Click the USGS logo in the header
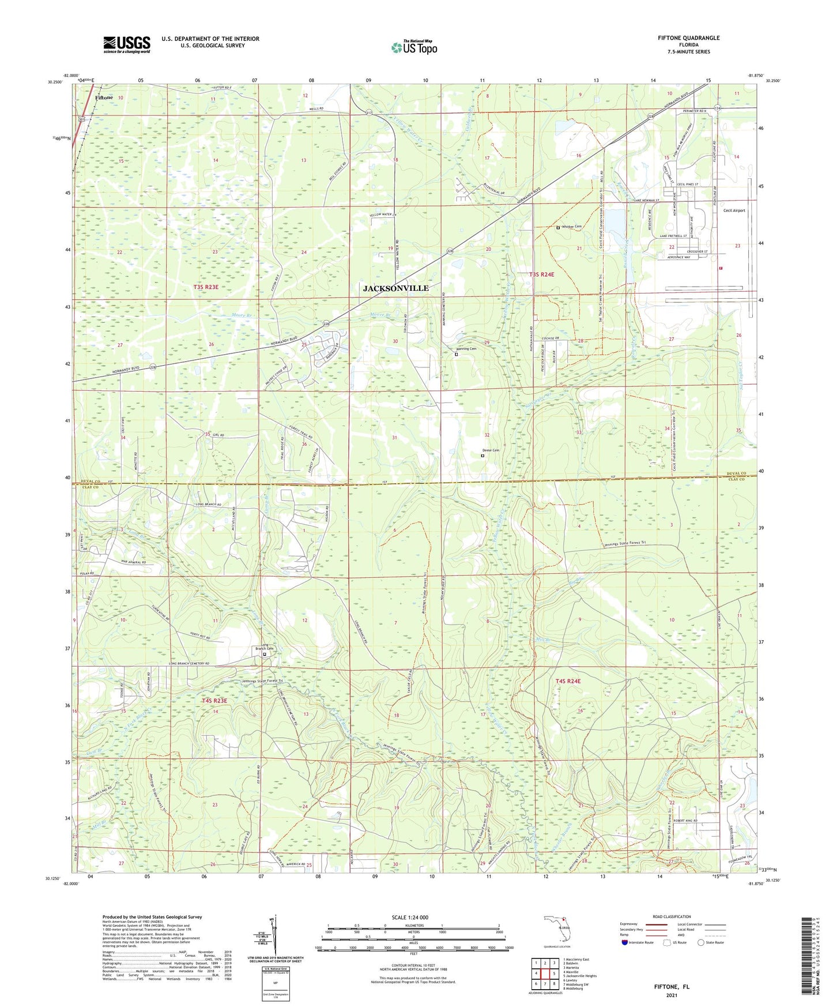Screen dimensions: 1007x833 (127, 44)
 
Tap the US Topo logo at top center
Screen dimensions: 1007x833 (414, 47)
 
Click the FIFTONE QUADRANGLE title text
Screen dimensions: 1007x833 (688, 38)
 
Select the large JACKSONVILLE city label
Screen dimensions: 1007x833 (395, 288)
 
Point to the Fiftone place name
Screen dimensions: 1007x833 (104, 98)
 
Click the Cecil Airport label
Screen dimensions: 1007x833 (734, 211)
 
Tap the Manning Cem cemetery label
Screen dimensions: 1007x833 (466, 349)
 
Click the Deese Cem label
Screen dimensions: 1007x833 (490, 450)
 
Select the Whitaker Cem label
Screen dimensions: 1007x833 (571, 227)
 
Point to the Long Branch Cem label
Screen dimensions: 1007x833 (264, 647)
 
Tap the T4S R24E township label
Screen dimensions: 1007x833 (568, 681)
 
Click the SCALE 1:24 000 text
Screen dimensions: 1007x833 (410, 917)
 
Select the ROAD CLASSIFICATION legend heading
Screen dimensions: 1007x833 (672, 916)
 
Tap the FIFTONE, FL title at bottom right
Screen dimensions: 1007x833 (671, 986)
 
